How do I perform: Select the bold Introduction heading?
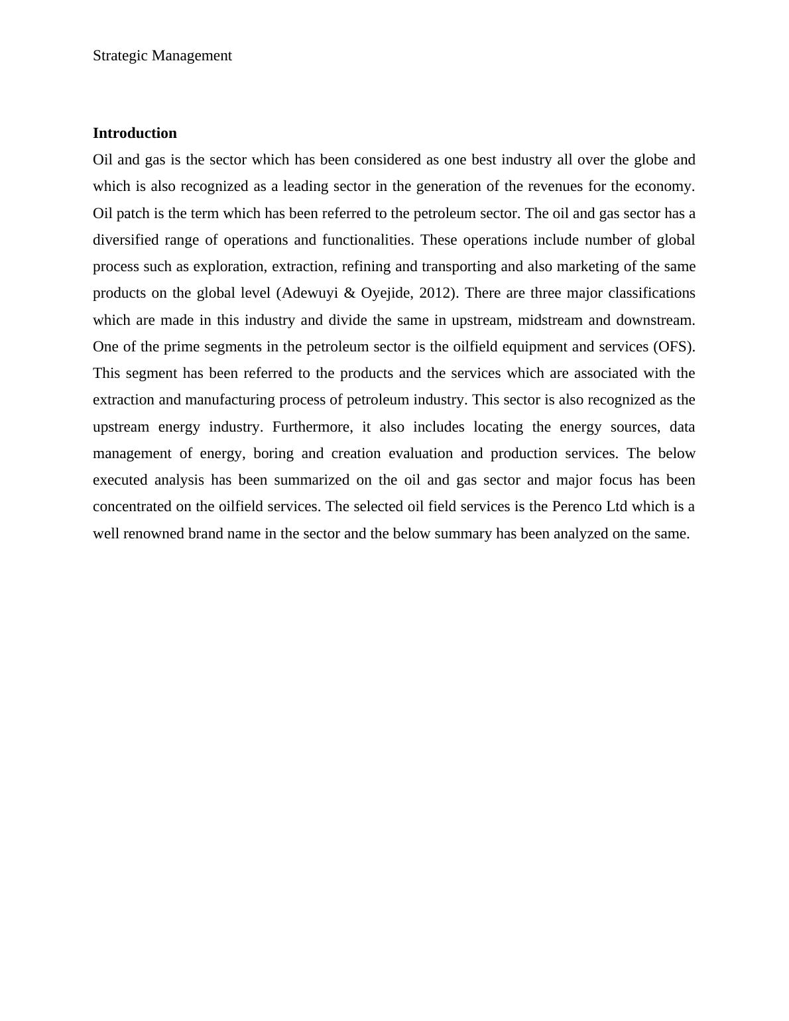pos(135,133)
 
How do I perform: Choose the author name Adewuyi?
pos(310,293)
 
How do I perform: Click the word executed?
pos(120,480)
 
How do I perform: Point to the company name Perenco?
pos(577,507)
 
